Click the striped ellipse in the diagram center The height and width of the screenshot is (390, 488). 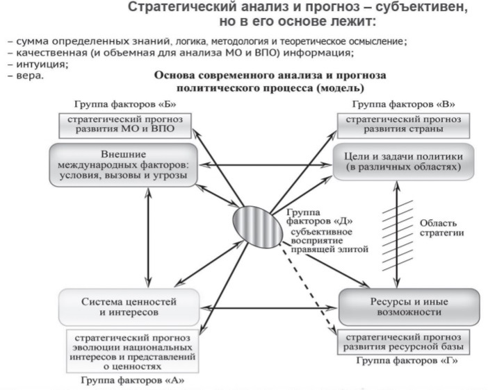(x=258, y=227)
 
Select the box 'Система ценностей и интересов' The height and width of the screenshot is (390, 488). (x=129, y=307)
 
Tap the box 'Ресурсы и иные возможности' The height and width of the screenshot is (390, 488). (x=409, y=307)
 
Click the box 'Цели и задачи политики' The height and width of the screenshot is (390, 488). (x=403, y=162)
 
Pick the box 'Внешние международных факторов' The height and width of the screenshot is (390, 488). (x=124, y=164)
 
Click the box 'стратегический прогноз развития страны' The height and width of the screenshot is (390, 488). (x=403, y=126)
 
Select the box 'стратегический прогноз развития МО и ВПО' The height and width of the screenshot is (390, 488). (x=125, y=126)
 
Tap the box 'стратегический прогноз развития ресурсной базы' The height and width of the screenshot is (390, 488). (x=403, y=342)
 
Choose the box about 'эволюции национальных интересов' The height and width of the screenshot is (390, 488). (x=133, y=351)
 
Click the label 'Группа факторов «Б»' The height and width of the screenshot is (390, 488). (x=125, y=104)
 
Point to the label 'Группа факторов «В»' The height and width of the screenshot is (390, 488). (x=403, y=104)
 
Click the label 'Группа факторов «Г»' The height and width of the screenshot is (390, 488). (x=407, y=360)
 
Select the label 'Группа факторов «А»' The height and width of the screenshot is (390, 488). (x=133, y=380)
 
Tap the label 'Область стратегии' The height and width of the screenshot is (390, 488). (x=441, y=228)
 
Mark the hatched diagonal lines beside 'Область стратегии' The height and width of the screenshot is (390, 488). (x=398, y=235)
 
